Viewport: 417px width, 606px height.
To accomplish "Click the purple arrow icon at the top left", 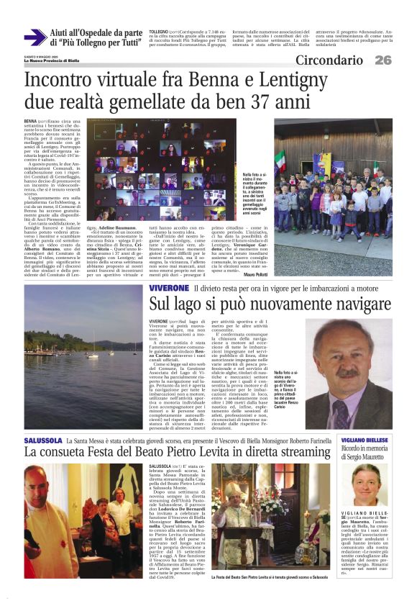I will (35, 38).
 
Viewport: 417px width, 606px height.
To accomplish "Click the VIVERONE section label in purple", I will (169, 288).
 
